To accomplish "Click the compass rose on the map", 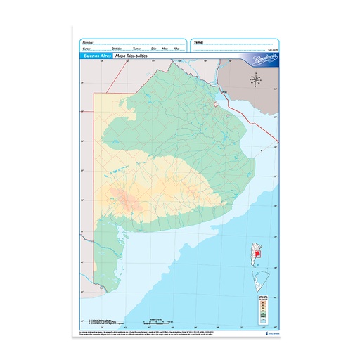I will (256, 80).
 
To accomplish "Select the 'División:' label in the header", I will (115, 49).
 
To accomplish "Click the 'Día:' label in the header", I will (153, 49).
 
